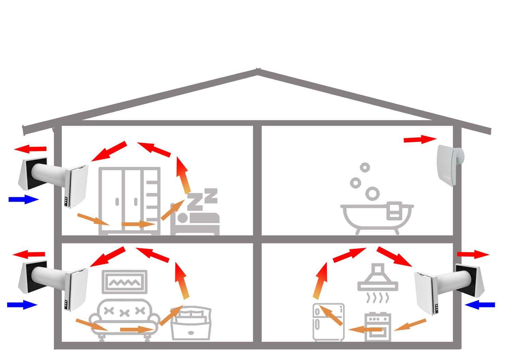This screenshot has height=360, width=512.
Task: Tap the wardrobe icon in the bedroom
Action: pos(129,200)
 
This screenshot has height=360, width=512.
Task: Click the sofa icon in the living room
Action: pos(124,318)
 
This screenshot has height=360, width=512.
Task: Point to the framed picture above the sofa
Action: pos(125,282)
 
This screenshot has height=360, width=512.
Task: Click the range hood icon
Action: pos(378,279)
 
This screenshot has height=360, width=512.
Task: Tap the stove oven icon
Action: pos(377,326)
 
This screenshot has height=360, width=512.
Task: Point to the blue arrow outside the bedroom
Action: pos(23,199)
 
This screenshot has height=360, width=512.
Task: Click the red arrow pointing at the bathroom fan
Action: pos(420,139)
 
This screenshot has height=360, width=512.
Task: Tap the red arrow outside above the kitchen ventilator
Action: pos(473,254)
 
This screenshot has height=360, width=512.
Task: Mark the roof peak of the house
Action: pos(257,70)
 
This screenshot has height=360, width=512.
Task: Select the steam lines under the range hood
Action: pos(377,298)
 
